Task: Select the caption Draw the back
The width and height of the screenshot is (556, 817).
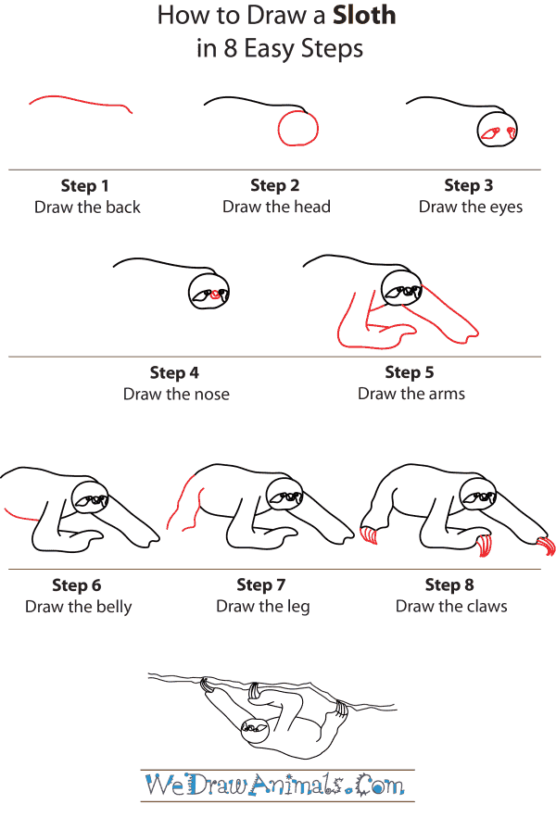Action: [87, 207]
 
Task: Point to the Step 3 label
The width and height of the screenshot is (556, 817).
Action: [468, 185]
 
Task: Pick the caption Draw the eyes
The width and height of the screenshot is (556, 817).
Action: [470, 207]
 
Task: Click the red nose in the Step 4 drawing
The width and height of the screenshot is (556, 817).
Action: [216, 295]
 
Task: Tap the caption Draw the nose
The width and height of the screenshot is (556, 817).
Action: [176, 394]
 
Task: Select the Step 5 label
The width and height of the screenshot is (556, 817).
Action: [409, 372]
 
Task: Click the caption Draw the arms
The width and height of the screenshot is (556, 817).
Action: [411, 394]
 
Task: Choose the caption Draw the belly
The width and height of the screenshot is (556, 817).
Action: [79, 607]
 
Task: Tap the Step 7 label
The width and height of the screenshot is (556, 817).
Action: [261, 584]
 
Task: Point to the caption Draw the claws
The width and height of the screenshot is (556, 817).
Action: [451, 607]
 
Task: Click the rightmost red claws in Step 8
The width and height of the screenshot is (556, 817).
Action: [546, 546]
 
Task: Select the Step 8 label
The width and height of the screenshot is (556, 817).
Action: [449, 584]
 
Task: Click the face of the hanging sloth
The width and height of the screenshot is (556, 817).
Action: [253, 731]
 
